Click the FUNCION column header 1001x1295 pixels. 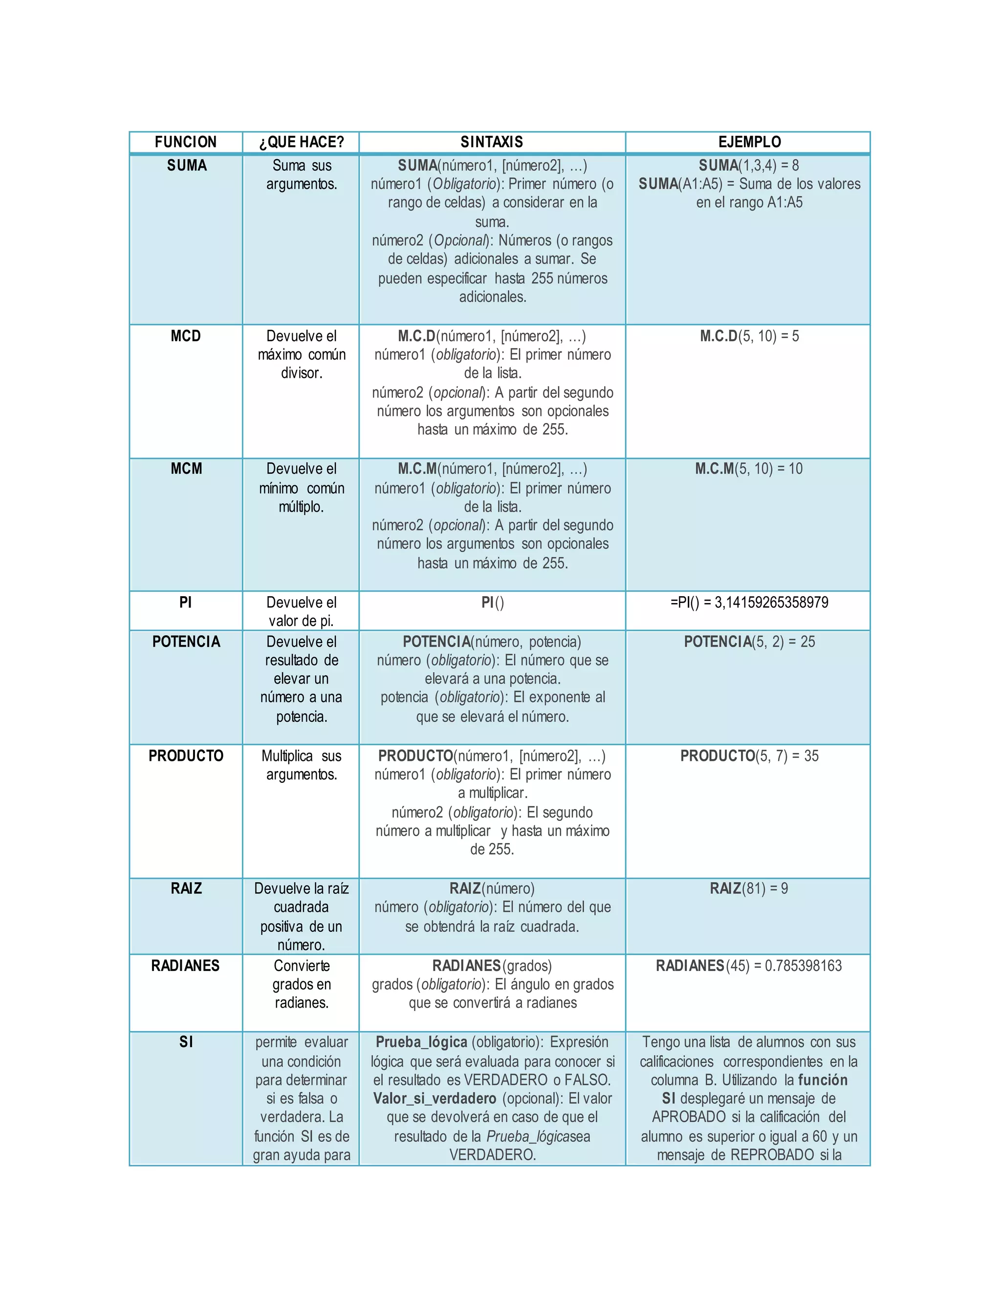[x=186, y=142]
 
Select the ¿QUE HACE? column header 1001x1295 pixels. [x=301, y=142]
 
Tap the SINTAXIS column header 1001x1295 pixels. [x=492, y=142]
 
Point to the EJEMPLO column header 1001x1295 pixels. [x=750, y=142]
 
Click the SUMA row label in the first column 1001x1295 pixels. [x=187, y=166]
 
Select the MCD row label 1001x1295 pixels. [x=186, y=336]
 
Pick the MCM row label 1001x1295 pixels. [x=186, y=469]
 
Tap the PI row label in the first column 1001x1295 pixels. [x=186, y=603]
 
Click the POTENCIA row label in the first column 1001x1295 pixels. [x=186, y=642]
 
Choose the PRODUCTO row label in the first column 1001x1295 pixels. [x=186, y=756]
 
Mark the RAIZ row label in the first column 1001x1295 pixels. [x=186, y=888]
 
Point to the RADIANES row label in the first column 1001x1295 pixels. [x=186, y=966]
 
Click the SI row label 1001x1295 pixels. [x=186, y=1042]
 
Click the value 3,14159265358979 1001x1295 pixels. [x=771, y=603]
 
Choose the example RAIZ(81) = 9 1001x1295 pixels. [x=749, y=888]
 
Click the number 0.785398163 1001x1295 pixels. [x=803, y=966]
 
